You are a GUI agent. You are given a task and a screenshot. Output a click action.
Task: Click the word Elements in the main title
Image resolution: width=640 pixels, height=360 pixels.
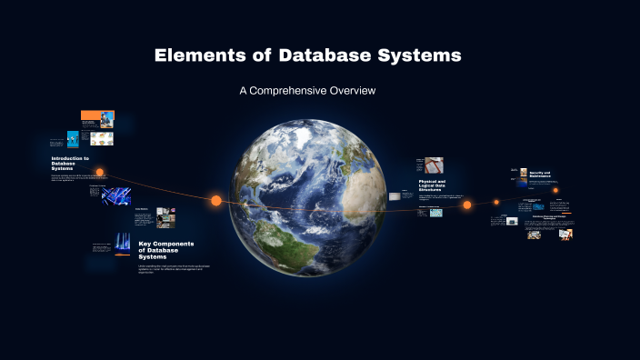[x=196, y=55]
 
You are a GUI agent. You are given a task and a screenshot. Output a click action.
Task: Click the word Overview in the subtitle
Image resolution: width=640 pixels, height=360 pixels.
[x=354, y=91]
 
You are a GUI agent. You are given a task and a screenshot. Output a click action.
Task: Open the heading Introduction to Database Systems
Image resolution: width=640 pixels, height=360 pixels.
[x=70, y=164]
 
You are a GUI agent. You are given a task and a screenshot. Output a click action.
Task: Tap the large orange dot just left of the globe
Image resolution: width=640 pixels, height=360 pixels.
[x=216, y=200]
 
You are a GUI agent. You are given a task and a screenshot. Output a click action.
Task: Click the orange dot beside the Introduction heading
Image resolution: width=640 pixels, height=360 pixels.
[x=100, y=172]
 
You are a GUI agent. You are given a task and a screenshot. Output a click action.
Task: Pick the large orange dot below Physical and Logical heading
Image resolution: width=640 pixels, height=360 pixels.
[x=467, y=205]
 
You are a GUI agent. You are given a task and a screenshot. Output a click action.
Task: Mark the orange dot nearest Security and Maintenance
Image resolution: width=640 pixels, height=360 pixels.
[x=555, y=191]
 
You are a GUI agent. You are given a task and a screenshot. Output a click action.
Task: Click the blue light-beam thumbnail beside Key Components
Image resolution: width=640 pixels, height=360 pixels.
[x=123, y=244]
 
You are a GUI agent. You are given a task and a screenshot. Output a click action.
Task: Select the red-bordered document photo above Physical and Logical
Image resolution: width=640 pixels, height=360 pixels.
[x=435, y=165]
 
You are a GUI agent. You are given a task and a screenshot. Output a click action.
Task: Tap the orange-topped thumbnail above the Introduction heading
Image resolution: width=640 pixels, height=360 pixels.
[x=97, y=119]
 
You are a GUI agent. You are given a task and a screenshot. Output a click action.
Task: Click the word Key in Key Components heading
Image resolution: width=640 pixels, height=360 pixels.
[x=145, y=244]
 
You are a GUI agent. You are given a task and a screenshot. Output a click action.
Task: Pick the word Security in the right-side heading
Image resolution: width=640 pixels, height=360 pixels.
[x=539, y=171]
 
